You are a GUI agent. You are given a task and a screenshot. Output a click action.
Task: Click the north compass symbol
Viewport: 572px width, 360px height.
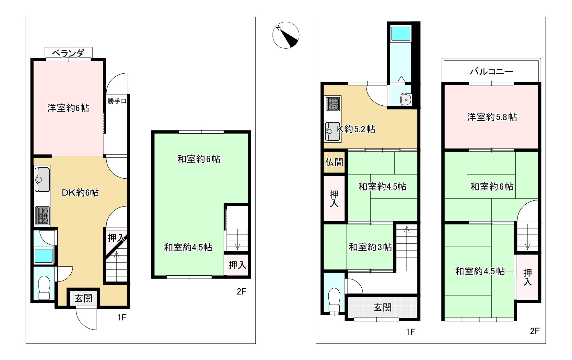click(286, 35)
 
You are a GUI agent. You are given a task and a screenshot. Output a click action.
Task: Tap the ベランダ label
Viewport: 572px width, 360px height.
click(68, 53)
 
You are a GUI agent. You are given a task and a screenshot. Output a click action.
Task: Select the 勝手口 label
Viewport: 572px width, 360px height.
click(117, 101)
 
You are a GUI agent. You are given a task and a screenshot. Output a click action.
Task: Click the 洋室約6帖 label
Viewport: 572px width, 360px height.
click(68, 108)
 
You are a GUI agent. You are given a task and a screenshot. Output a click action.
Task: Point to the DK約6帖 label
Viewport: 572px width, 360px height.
click(80, 193)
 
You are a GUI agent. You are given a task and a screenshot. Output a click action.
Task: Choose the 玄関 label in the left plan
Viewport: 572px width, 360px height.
click(84, 298)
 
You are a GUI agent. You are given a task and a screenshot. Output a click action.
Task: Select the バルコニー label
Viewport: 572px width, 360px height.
click(491, 71)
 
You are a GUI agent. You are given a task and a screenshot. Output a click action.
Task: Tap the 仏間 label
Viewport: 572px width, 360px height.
click(334, 162)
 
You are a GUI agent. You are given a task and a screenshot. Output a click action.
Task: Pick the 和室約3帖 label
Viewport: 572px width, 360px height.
click(370, 247)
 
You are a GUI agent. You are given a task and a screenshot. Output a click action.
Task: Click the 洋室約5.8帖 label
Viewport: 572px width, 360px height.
click(492, 117)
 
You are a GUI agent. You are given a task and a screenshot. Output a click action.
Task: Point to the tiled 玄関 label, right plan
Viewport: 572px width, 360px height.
click(383, 307)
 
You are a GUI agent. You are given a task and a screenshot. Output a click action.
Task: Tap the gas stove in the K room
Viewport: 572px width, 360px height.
click(333, 104)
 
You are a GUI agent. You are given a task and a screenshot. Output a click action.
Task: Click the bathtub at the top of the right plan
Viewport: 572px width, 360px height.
click(401, 34)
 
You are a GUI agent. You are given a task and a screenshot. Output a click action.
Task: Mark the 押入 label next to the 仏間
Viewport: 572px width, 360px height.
click(334, 198)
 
